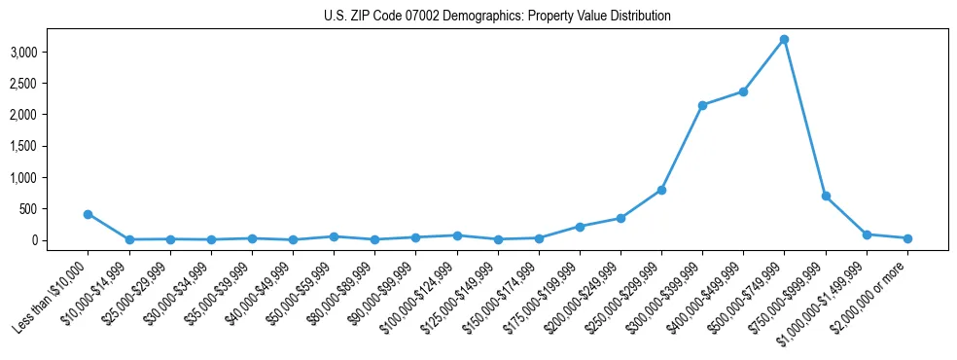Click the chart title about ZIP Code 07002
pyautogui.click(x=497, y=17)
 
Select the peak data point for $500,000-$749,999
pyautogui.click(x=784, y=39)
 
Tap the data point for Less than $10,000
pyautogui.click(x=88, y=214)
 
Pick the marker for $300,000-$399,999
pyautogui.click(x=702, y=105)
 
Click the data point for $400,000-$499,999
pyautogui.click(x=743, y=91)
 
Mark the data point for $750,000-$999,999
pyautogui.click(x=826, y=196)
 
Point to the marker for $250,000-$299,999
pyautogui.click(x=661, y=190)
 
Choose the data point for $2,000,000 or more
pyautogui.click(x=907, y=238)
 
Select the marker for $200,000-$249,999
pyautogui.click(x=620, y=218)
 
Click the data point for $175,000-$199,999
pyautogui.click(x=580, y=227)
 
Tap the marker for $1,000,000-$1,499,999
pyautogui.click(x=867, y=234)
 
